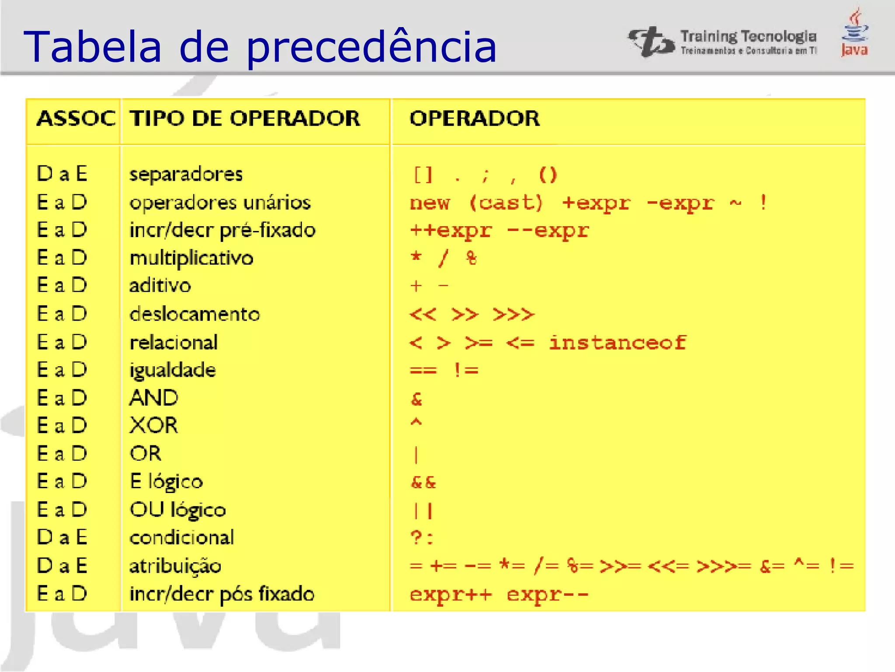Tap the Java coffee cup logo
tap(855, 33)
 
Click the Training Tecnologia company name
tap(748, 37)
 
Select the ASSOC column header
tap(76, 119)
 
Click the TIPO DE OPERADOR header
tap(245, 119)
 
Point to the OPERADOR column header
tap(475, 119)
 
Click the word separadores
tap(186, 174)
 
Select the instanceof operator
tap(617, 343)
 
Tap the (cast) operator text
tap(506, 203)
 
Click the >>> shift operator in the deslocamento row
tap(513, 314)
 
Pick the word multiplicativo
tap(191, 258)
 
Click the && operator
tap(423, 482)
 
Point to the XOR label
tap(154, 425)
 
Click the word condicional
tap(182, 537)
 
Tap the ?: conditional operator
tap(422, 537)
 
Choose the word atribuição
tap(175, 566)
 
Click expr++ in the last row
tap(451, 594)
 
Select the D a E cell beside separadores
tap(62, 174)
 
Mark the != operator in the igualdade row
tap(466, 370)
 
